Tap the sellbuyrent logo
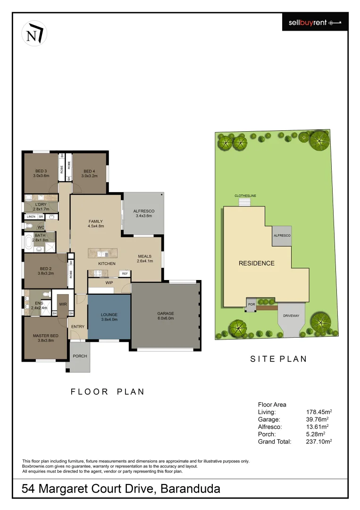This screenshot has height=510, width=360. point(315,22)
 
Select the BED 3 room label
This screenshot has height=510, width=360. point(41,173)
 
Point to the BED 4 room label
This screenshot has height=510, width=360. point(89,173)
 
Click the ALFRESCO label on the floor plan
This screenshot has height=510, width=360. point(144,213)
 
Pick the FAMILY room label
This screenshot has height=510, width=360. point(96,223)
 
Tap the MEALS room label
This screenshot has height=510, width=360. point(145,258)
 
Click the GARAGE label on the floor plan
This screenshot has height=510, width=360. point(166,315)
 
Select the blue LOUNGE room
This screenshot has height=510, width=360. point(109,317)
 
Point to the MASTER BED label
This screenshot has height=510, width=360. point(43,338)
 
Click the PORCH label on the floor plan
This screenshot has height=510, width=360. point(80,356)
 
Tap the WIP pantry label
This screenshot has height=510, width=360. point(109,283)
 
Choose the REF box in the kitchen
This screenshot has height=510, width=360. point(125,273)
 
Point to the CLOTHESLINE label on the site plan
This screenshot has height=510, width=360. point(245,195)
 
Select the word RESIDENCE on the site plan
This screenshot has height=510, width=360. point(256,263)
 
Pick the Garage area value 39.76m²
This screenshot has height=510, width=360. point(317,419)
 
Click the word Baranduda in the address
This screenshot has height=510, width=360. point(191,489)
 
